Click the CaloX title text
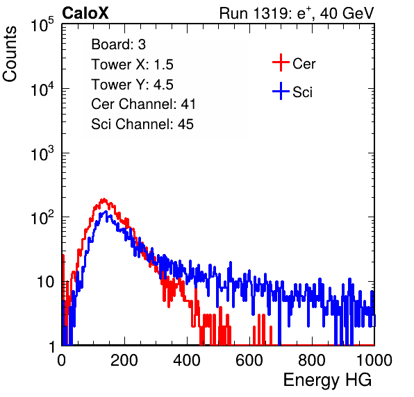[85, 13]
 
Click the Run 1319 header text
[297, 13]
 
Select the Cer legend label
[304, 64]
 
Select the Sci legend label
[303, 92]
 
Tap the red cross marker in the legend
[281, 62]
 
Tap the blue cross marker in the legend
[281, 91]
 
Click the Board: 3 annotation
[119, 44]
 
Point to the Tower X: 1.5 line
[132, 65]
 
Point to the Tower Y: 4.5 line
[132, 85]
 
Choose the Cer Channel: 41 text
[143, 104]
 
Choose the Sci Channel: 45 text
[142, 124]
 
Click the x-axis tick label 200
[124, 360]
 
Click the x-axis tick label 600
[249, 360]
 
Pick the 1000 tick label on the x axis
[374, 360]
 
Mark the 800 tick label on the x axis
[312, 360]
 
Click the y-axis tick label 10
[45, 282]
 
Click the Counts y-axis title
[10, 54]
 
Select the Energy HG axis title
[327, 380]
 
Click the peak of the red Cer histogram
[104, 199]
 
